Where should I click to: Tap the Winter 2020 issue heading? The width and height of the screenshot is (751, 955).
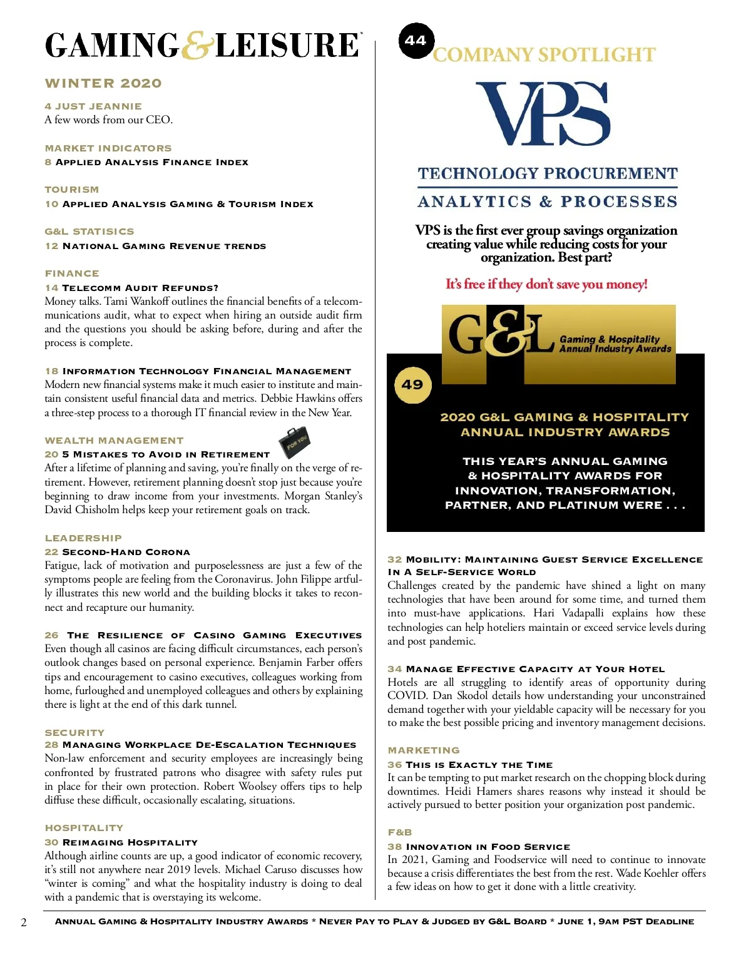tap(103, 83)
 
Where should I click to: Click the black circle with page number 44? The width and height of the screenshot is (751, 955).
tap(416, 41)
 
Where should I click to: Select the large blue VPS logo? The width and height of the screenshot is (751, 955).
tap(543, 114)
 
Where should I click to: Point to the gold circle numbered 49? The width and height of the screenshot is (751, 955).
tap(412, 385)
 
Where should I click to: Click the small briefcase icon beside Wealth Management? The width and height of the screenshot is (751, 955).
tap(294, 442)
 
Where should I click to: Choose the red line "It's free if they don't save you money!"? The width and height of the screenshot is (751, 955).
tap(546, 284)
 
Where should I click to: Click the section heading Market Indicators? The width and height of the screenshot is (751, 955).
tap(108, 148)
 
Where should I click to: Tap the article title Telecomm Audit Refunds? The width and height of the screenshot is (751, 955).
tap(140, 288)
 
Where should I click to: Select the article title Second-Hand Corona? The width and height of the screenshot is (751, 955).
tap(126, 552)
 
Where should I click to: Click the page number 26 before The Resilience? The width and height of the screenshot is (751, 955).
tap(51, 635)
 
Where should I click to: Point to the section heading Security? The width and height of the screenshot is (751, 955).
tap(74, 732)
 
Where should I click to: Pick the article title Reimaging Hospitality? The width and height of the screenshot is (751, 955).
tap(130, 842)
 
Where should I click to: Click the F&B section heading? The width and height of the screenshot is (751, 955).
tap(400, 832)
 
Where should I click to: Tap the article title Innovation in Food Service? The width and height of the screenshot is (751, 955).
tap(488, 847)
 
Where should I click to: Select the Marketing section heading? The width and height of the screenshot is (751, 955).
tap(424, 750)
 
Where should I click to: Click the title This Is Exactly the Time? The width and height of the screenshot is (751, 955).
tap(479, 765)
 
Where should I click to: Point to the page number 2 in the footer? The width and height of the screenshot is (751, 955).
tap(24, 922)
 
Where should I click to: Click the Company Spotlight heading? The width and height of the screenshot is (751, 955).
tap(544, 55)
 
